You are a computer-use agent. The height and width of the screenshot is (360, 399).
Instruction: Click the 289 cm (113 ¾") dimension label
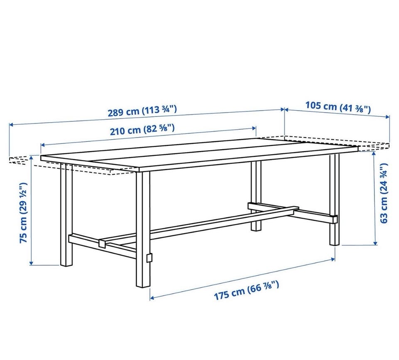coord(142,111)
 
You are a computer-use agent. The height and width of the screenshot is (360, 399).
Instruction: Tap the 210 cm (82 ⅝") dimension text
coord(142,130)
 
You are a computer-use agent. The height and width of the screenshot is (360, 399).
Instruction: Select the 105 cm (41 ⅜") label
coord(338,107)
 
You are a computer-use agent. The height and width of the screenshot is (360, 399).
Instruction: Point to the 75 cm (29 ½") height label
coord(23,212)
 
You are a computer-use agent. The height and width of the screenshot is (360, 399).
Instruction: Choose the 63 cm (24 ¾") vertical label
coord(384,193)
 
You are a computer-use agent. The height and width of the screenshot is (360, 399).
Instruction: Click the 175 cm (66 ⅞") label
coord(246,291)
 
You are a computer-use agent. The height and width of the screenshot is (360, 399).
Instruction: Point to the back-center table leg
coord(256,196)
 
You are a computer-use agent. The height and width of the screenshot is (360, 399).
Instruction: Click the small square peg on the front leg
coord(149,258)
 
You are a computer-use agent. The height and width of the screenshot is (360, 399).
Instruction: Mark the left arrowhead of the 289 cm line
coord(11,124)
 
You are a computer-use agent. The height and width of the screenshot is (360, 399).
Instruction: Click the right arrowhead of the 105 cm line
coord(388,117)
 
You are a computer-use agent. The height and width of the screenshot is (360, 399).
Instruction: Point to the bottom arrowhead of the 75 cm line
coord(31,263)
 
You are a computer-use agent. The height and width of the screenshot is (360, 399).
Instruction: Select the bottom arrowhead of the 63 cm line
coord(375,243)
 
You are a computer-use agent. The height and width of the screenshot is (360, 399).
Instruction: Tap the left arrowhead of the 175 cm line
coord(152,298)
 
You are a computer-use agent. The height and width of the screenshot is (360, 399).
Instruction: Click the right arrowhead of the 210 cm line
coord(254,128)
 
